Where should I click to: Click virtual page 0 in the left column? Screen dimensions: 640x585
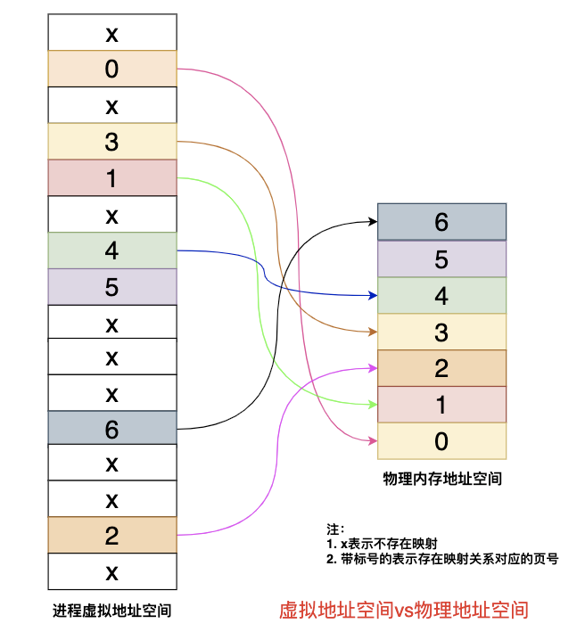click(x=111, y=69)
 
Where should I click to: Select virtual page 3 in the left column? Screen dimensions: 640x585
click(x=111, y=141)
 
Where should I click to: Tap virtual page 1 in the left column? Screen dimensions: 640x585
click(x=111, y=177)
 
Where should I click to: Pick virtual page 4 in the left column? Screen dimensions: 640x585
click(x=111, y=250)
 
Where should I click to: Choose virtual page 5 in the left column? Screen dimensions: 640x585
click(x=111, y=286)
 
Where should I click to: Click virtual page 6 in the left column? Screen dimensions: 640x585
click(x=111, y=429)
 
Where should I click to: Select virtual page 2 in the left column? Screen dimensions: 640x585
click(x=111, y=535)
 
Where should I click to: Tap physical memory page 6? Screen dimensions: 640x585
click(x=441, y=221)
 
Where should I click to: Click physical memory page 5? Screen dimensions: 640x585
click(x=441, y=258)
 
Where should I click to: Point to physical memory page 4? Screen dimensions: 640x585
click(x=441, y=295)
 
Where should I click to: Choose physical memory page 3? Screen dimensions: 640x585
click(x=441, y=332)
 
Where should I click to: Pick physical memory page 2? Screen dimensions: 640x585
click(x=441, y=368)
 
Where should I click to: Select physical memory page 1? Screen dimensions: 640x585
click(x=441, y=405)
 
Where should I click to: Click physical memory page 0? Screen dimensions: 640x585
click(x=441, y=441)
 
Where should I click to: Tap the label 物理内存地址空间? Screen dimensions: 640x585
click(x=442, y=479)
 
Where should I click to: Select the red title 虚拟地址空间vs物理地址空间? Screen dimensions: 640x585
click(x=404, y=611)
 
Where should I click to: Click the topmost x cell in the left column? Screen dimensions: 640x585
click(x=111, y=34)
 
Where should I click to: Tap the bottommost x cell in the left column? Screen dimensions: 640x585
click(x=111, y=571)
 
